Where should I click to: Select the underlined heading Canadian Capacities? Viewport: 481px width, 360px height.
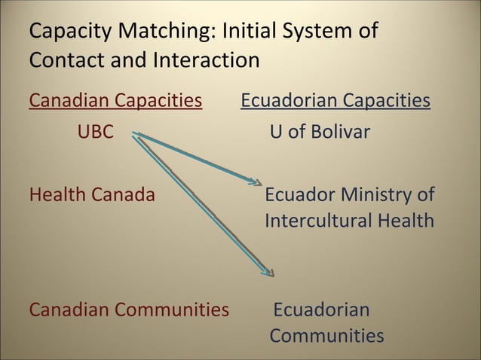[x=115, y=101]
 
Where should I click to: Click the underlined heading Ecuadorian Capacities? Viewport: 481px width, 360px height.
[x=335, y=101]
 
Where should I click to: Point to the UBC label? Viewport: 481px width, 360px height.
[x=96, y=133]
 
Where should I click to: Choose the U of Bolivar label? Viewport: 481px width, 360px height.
[x=320, y=133]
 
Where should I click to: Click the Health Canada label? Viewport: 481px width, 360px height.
[x=92, y=195]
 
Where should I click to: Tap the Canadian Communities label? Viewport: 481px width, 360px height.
[x=129, y=310]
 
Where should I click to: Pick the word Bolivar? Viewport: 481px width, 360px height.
[x=339, y=133]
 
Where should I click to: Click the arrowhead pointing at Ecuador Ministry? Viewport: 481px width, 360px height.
[x=256, y=182]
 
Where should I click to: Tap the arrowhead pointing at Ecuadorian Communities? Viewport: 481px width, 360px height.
[x=268, y=273]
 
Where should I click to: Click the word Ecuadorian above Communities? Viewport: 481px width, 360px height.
[x=321, y=310]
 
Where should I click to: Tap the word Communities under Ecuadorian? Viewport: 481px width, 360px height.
[x=326, y=335]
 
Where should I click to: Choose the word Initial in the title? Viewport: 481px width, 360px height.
[x=243, y=32]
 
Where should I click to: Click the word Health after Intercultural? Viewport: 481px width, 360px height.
[x=407, y=221]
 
